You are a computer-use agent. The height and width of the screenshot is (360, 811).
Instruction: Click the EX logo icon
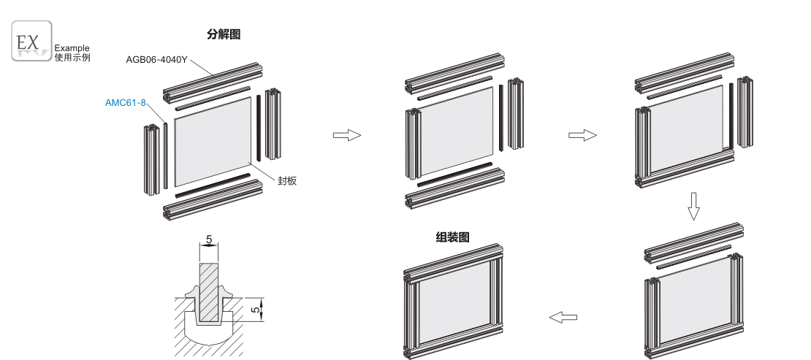point(31,41)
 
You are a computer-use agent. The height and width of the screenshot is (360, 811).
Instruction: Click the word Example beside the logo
point(72,48)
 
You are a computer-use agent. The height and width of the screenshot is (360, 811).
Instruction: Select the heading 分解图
point(224,34)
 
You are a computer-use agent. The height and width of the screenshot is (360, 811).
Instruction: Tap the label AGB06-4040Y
point(156,59)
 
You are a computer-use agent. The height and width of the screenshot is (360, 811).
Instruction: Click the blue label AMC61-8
point(126,102)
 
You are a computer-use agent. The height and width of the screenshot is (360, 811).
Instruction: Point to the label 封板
point(287,180)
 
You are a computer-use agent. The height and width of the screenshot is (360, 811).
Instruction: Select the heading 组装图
point(452,237)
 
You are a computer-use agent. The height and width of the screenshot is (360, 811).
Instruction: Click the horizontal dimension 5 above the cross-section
point(209,240)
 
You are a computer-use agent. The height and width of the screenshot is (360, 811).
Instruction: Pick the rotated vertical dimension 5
point(255,310)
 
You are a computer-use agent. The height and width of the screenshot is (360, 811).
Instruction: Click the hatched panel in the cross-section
point(209,292)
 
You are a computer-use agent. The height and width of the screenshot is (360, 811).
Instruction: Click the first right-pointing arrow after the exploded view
point(346,136)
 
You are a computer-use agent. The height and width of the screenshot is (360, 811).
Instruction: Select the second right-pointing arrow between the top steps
point(582,136)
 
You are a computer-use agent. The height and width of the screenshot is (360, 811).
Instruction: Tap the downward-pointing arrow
point(693,207)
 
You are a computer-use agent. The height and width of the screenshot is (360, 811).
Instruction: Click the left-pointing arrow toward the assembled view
point(563,317)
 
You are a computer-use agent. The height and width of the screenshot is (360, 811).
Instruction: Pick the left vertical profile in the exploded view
point(151,160)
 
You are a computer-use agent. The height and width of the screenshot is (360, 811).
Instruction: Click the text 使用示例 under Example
point(72,58)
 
